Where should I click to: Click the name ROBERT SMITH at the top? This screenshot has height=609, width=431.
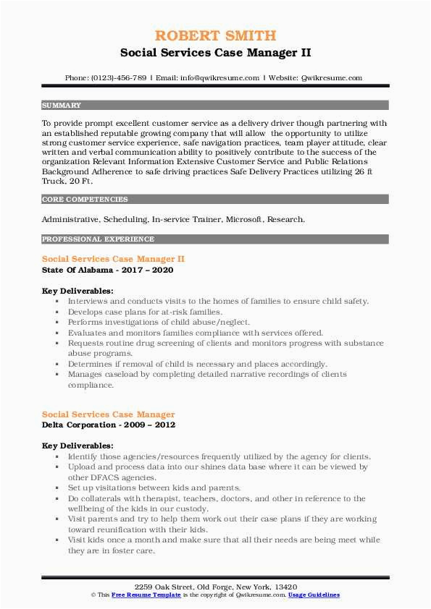tap(215, 35)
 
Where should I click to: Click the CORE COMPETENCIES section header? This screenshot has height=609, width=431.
tap(85, 199)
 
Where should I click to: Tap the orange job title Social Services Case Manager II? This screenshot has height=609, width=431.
tap(114, 258)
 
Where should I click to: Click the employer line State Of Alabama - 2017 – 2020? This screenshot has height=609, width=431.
tap(107, 270)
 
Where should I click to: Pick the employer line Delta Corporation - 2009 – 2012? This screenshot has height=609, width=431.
tap(109, 425)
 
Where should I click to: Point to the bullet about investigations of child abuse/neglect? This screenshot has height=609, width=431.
tap(159, 321)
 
